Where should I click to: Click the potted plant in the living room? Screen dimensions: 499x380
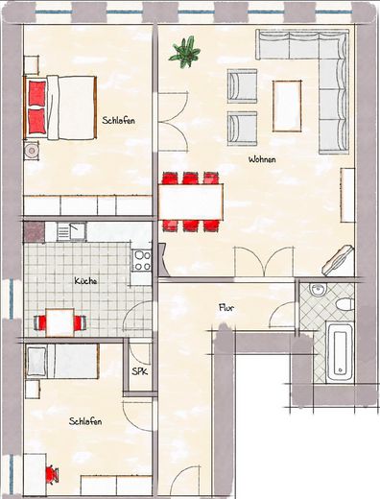[x=182, y=50]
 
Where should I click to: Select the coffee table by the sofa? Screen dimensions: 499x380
[x=287, y=105]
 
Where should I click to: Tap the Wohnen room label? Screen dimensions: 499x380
[x=263, y=159]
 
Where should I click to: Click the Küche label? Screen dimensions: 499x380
[x=85, y=281]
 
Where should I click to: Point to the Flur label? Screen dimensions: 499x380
[x=226, y=308]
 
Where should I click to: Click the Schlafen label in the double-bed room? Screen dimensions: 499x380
[x=118, y=120]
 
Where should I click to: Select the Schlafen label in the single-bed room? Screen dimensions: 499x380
[x=85, y=421]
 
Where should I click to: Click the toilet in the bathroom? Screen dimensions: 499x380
[x=344, y=303]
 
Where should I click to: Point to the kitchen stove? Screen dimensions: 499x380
[x=142, y=258]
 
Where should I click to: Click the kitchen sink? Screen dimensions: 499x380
[x=70, y=231]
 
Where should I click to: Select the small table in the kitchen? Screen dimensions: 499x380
[x=61, y=323]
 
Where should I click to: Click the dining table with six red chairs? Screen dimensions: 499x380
[x=192, y=201]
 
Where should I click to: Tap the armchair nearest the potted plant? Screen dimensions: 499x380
[x=242, y=86]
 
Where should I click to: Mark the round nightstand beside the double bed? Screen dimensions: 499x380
[x=33, y=151]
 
